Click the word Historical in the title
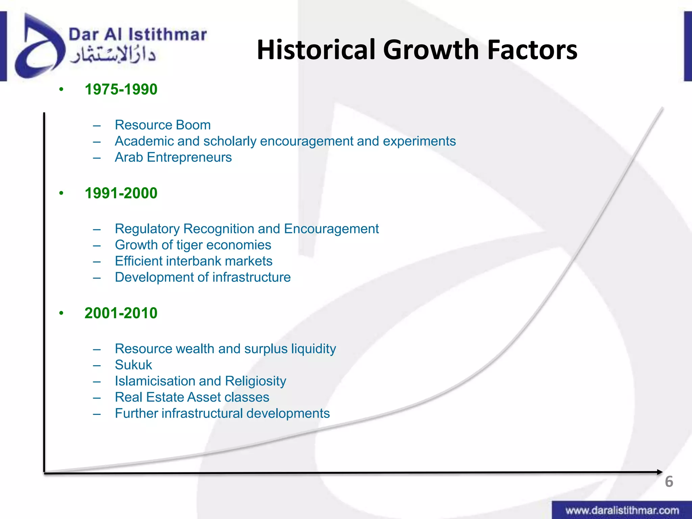click(x=316, y=50)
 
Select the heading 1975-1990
click(x=121, y=90)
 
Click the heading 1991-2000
click(x=121, y=193)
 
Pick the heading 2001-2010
click(x=121, y=313)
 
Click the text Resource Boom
click(x=163, y=125)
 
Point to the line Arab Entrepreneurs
click(x=173, y=157)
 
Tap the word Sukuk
click(x=133, y=365)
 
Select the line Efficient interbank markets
click(x=193, y=261)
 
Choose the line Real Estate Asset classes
click(x=192, y=397)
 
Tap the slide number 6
click(x=669, y=481)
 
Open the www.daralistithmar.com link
click(x=622, y=510)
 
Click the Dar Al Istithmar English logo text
click(x=138, y=35)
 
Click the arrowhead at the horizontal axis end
click(x=659, y=472)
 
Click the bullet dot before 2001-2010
click(x=61, y=313)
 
